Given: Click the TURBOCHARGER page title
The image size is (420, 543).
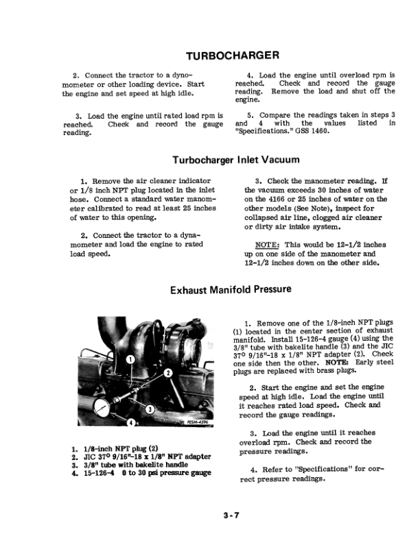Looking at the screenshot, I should (232, 55).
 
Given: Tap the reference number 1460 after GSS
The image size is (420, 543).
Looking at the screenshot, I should (310, 131).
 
